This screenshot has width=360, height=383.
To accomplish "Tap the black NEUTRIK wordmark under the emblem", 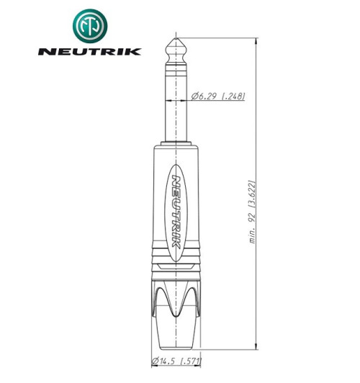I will pyautogui.click(x=89, y=52).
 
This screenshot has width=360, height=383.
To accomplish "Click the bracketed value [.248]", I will pyautogui.click(x=234, y=96).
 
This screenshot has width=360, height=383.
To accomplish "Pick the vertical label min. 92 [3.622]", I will pyautogui.click(x=253, y=210).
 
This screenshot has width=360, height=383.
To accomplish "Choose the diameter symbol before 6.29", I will pyautogui.click(x=196, y=96).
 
